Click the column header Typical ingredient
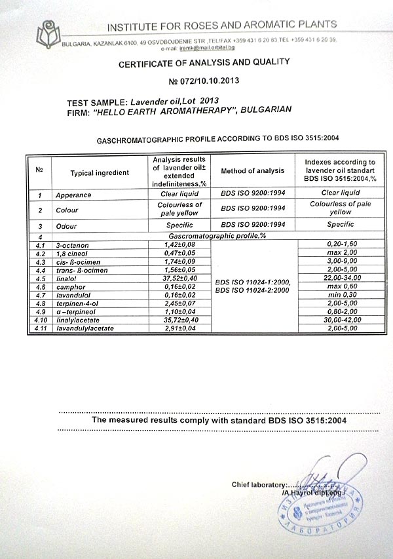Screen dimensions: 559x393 [x=100, y=172]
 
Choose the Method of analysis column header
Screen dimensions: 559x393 [x=252, y=171]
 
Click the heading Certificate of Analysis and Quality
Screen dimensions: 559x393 [x=204, y=62]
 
